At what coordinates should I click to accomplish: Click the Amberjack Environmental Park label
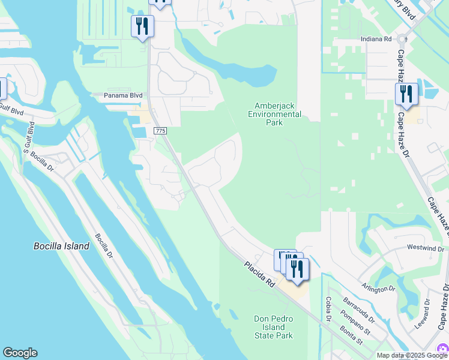click(274, 114)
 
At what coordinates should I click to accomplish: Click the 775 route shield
click(159, 131)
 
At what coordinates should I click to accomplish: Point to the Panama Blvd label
click(123, 95)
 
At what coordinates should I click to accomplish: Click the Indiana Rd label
click(376, 38)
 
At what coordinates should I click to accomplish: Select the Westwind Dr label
click(425, 248)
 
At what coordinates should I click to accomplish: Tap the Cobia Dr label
click(328, 309)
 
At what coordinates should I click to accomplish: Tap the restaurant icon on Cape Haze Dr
click(406, 95)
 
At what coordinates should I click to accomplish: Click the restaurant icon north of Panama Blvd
click(142, 26)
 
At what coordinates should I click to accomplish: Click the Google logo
click(20, 353)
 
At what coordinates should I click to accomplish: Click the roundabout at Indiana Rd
click(402, 38)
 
